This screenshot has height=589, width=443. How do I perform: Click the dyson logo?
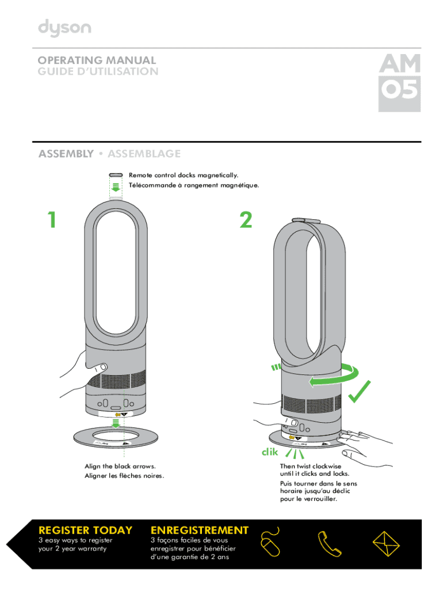pyautogui.click(x=64, y=28)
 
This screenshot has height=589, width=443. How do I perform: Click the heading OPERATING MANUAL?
pyautogui.click(x=97, y=60)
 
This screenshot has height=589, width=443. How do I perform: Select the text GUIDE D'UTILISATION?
pyautogui.click(x=98, y=72)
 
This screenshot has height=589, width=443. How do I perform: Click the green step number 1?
pyautogui.click(x=52, y=219)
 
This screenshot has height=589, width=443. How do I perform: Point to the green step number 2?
pyautogui.click(x=246, y=219)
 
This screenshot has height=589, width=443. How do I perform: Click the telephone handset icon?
pyautogui.click(x=329, y=542)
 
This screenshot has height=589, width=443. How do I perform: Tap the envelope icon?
pyautogui.click(x=387, y=542)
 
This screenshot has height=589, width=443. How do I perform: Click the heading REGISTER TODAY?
pyautogui.click(x=85, y=530)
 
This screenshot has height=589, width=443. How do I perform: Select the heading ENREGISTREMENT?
pyautogui.click(x=199, y=530)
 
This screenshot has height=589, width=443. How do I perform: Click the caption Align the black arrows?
pyautogui.click(x=120, y=466)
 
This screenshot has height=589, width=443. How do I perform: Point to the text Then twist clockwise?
pyautogui.click(x=310, y=466)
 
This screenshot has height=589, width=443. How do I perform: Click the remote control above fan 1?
pyautogui.click(x=116, y=174)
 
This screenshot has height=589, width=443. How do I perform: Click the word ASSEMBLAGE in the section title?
pyautogui.click(x=144, y=154)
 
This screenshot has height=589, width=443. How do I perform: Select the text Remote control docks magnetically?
pyautogui.click(x=183, y=175)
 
